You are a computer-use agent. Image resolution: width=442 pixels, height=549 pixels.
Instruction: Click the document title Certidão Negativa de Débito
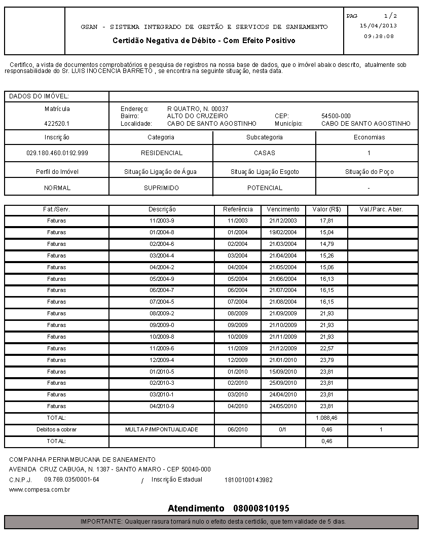204,41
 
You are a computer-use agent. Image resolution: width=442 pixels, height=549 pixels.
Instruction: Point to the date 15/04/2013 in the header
378,25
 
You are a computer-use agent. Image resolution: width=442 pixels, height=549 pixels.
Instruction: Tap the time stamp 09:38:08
379,36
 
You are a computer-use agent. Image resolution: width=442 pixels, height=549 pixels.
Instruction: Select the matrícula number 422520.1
57,124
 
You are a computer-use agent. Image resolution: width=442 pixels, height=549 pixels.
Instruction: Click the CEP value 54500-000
336,116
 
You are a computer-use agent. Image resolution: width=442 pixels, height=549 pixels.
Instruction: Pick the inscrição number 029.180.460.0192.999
57,153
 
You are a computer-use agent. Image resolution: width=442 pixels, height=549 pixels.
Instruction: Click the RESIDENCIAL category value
161,153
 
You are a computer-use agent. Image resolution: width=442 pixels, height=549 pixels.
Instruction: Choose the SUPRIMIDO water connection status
161,188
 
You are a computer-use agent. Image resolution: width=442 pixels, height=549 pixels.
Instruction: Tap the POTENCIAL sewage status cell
265,188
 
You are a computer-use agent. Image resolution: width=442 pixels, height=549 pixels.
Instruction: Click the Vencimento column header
283,209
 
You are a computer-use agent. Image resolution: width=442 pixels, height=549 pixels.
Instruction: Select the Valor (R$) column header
326,209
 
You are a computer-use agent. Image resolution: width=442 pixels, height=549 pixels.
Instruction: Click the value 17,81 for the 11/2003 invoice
326,221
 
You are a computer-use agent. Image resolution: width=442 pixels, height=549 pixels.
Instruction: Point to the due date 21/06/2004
283,279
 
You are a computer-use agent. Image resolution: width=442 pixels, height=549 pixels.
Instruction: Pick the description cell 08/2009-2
162,314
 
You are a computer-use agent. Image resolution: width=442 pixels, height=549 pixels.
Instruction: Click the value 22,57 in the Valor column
326,348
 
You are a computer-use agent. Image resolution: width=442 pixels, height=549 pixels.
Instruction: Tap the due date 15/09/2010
283,372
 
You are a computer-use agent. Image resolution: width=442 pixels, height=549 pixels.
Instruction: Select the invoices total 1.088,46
326,418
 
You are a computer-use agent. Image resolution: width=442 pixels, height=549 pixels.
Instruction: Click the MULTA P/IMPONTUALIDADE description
162,430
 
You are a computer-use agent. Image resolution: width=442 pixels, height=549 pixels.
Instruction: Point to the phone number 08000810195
261,508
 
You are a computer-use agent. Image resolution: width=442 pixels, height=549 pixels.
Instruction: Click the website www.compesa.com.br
40,490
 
